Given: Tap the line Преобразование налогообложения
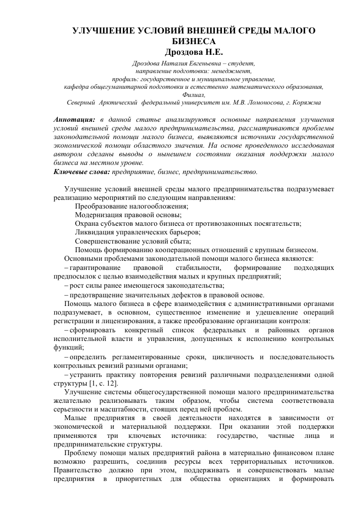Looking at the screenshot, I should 132,206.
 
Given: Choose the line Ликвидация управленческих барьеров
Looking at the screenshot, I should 138,232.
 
